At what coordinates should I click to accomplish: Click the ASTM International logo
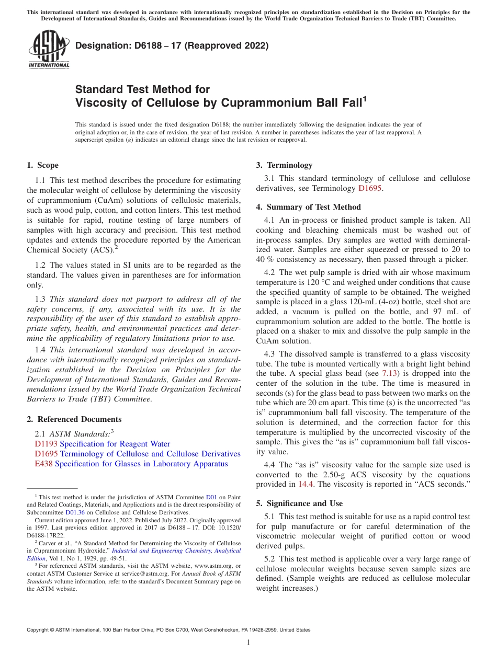48,50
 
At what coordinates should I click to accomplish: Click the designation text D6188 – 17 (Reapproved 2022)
172,45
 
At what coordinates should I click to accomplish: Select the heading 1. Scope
42,165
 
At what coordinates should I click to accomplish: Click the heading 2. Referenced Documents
74,419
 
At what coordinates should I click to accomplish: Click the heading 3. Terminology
284,165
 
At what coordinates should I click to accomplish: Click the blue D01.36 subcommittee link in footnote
75,512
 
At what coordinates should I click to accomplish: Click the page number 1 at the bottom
249,643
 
